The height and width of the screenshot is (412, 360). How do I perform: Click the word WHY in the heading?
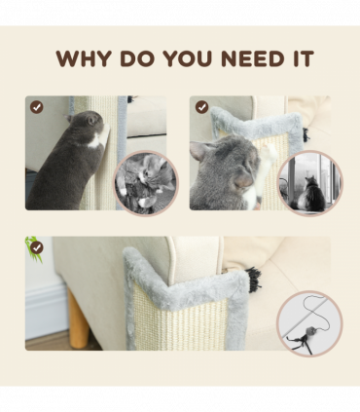click(x=83, y=58)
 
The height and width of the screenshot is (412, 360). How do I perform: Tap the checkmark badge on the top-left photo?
click(x=37, y=106)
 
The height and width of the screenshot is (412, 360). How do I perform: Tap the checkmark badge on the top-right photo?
click(x=200, y=106)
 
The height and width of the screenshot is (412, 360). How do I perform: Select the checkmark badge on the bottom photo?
click(x=37, y=247)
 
